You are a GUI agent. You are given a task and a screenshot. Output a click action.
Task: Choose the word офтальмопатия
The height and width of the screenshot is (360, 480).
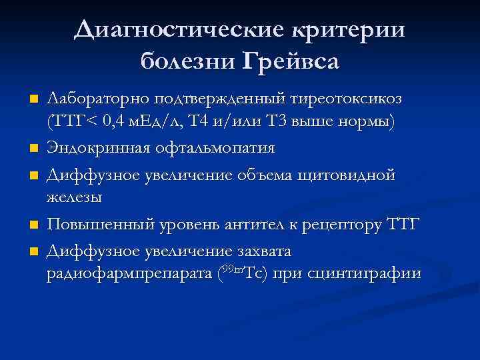click(217, 147)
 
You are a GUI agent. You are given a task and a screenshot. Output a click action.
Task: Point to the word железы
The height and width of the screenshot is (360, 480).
click(74, 198)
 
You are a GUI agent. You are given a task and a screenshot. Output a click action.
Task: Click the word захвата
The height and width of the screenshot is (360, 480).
click(264, 251)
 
